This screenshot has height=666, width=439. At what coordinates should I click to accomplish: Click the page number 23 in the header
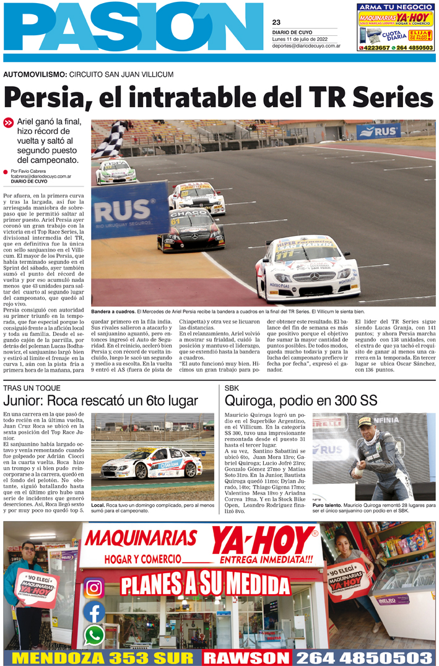(x=276, y=22)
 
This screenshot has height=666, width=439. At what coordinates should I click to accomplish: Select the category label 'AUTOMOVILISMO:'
(x=35, y=74)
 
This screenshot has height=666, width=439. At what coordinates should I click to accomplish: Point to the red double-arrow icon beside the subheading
(x=8, y=123)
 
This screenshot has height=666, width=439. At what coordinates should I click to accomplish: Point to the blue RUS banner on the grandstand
(x=378, y=131)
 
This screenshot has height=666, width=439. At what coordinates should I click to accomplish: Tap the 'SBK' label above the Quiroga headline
(x=232, y=388)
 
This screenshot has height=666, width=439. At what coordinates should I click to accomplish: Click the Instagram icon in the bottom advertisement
(x=94, y=587)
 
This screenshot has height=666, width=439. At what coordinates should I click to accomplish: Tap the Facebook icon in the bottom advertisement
(x=94, y=612)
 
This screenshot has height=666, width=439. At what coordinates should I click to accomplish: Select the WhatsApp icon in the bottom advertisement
(x=94, y=635)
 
